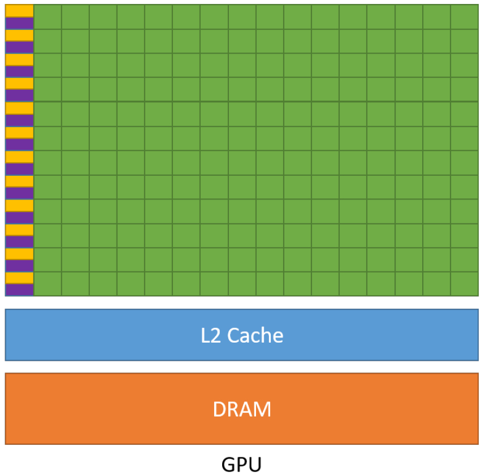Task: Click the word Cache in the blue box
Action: tap(255, 335)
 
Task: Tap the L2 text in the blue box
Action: tap(211, 335)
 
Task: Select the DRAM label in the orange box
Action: tap(242, 409)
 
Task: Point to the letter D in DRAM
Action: tap(219, 409)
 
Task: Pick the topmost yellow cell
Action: tap(19, 11)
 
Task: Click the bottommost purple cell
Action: tap(19, 289)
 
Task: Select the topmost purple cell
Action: tap(19, 23)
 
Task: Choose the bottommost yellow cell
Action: tap(19, 278)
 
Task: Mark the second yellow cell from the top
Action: tap(19, 35)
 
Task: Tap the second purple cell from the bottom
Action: tap(19, 265)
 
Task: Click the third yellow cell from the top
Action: tap(19, 59)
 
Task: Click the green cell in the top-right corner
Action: tap(465, 16)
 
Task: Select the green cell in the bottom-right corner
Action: tap(465, 284)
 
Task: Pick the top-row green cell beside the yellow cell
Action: tap(47, 16)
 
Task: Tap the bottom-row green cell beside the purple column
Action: tap(47, 284)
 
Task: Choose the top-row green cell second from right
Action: tap(436, 16)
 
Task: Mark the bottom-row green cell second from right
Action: tap(436, 284)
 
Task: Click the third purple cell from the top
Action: tap(19, 71)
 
